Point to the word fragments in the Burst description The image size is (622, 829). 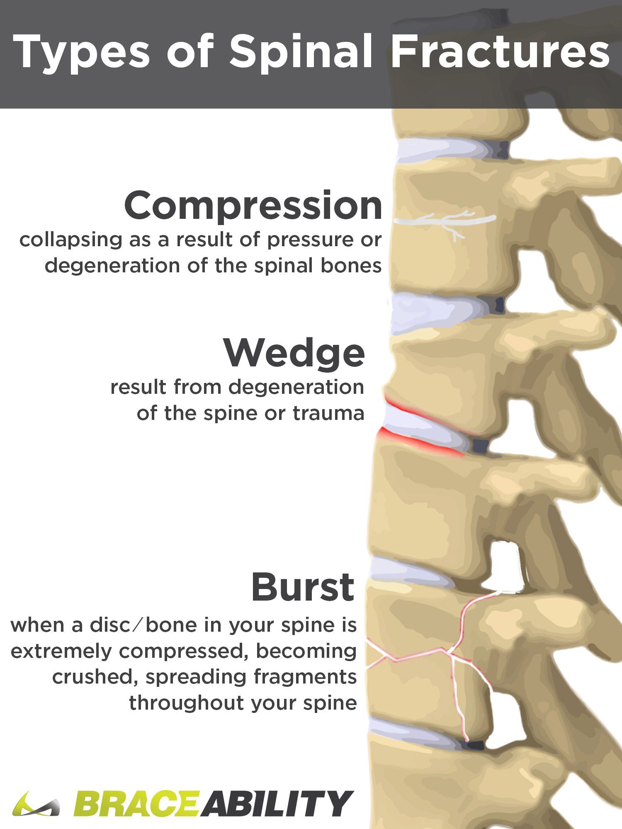coord(305,678)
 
